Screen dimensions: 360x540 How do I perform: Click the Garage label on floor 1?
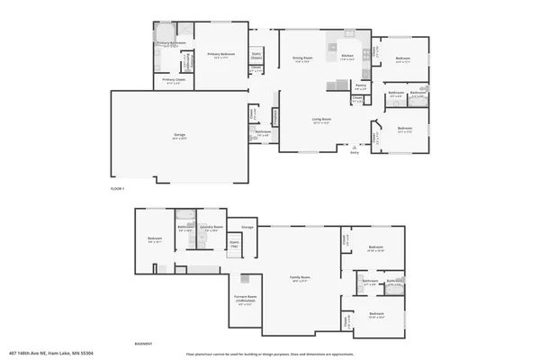pyautogui.click(x=180, y=136)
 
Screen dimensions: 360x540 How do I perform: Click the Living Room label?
pyautogui.click(x=320, y=122)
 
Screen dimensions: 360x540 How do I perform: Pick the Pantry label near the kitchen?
pyautogui.click(x=359, y=88)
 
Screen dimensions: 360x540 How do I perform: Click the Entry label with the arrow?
pyautogui.click(x=355, y=152)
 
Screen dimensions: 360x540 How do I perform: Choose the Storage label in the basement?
pyautogui.click(x=247, y=227)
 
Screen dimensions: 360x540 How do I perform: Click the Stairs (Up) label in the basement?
pyautogui.click(x=234, y=243)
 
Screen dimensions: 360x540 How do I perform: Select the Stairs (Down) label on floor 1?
pyautogui.click(x=256, y=54)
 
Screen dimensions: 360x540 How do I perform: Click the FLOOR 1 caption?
pyautogui.click(x=116, y=188)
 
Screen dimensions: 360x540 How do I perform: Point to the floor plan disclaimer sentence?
pyautogui.click(x=270, y=353)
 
